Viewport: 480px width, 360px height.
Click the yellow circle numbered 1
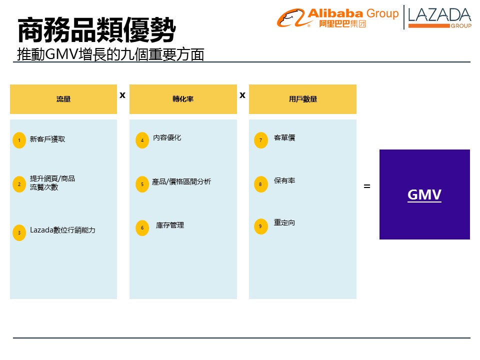(19, 140)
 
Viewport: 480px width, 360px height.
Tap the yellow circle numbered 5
(142, 184)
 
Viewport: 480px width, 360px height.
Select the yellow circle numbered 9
(260, 226)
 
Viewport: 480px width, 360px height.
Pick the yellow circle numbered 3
(19, 233)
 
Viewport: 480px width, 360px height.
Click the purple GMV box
(424, 194)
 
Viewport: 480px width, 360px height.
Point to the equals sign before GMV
(367, 186)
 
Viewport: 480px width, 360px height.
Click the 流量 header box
(63, 99)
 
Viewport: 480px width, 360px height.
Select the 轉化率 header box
(183, 99)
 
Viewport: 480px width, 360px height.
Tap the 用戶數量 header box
(302, 99)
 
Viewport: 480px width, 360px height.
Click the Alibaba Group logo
(338, 18)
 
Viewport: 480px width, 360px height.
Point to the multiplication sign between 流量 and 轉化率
(122, 94)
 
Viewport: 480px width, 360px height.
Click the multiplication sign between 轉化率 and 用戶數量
(242, 94)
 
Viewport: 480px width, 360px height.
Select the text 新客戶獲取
(47, 139)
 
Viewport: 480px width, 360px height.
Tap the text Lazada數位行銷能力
(62, 230)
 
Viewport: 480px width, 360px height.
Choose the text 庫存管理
(170, 225)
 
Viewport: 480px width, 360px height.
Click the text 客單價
(284, 137)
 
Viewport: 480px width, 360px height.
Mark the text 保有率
(284, 180)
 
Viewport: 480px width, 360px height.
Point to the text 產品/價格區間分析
(181, 182)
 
